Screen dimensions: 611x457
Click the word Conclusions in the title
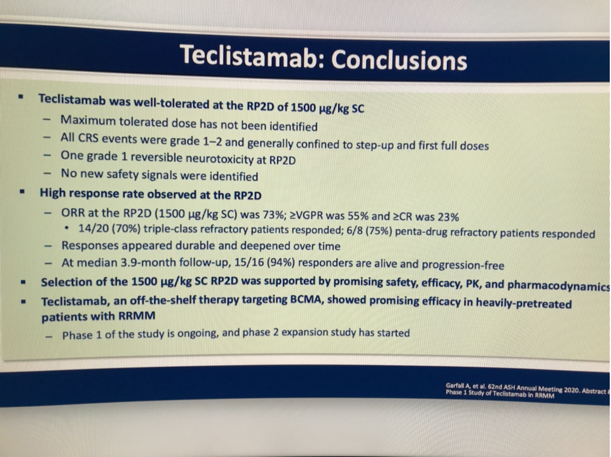click(399, 61)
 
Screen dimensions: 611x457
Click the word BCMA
click(306, 299)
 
